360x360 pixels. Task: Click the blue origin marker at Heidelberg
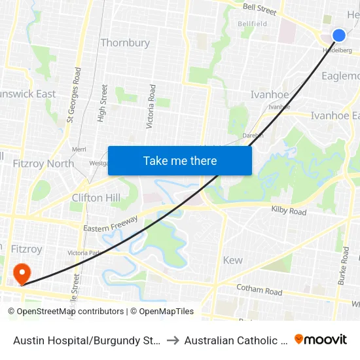click(x=338, y=35)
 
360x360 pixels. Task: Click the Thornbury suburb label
click(x=125, y=43)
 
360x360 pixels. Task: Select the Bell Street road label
click(x=260, y=9)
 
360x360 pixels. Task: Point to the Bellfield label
click(x=252, y=24)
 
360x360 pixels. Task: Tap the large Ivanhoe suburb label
click(x=270, y=95)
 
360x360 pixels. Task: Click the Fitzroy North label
click(x=43, y=164)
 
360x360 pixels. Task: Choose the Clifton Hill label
click(x=96, y=198)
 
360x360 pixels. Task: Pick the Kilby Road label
click(x=289, y=212)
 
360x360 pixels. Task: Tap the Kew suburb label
click(x=232, y=260)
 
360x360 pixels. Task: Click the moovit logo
click(x=321, y=339)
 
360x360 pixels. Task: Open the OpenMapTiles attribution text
click(x=162, y=312)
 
